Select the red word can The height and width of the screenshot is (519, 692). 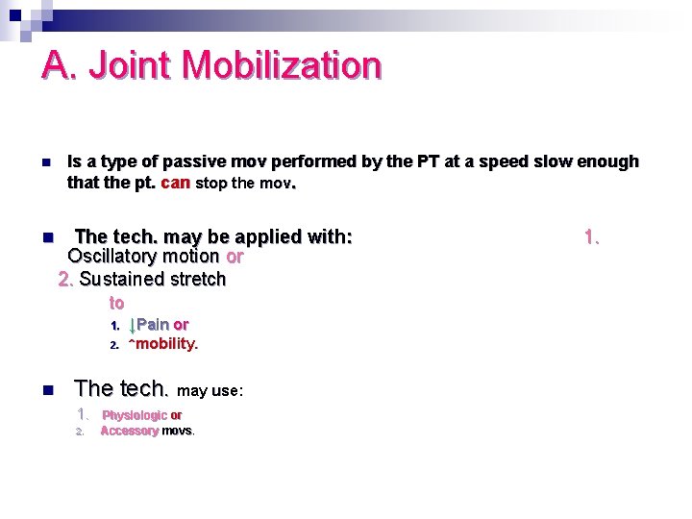176,182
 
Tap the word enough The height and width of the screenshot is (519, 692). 605,161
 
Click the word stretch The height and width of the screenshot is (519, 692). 198,279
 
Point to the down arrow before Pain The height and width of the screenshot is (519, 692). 133,325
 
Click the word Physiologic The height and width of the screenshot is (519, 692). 135,415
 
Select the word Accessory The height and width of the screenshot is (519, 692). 129,431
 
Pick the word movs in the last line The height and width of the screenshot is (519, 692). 178,431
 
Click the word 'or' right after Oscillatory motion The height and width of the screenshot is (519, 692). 234,257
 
